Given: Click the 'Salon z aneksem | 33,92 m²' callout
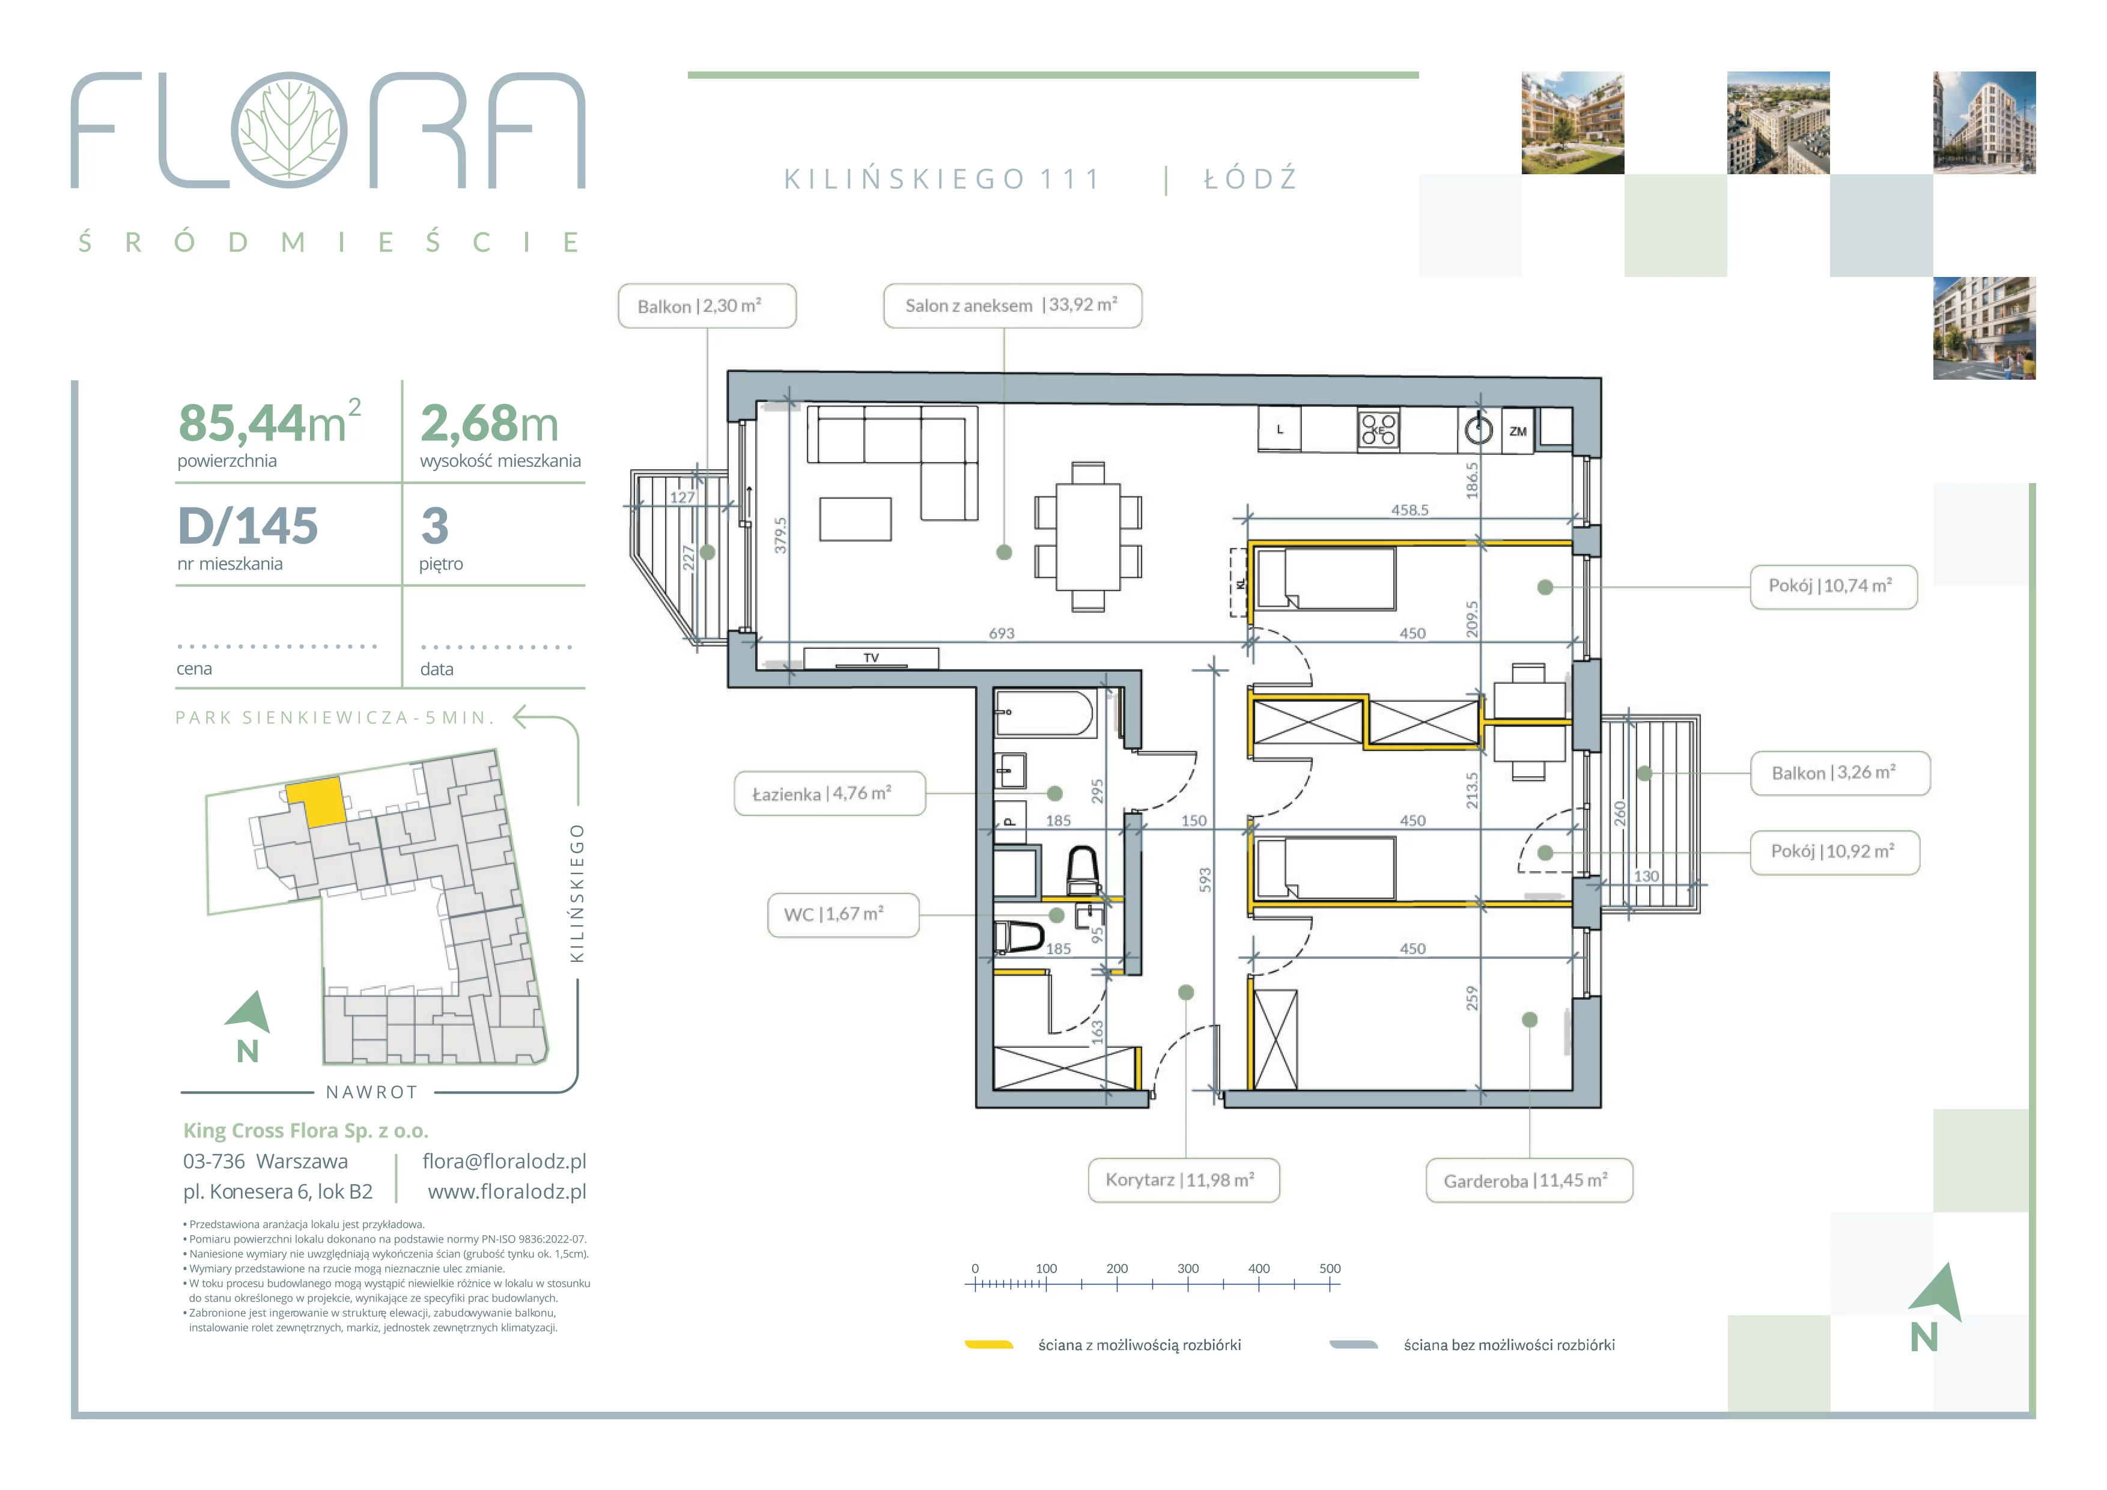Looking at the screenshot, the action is (1012, 306).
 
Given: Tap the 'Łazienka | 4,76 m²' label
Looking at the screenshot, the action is (830, 794).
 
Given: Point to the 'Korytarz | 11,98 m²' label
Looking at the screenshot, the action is (1184, 1180).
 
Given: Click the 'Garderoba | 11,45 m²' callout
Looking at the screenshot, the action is (1529, 1181).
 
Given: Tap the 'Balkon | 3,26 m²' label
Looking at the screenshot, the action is (1840, 773).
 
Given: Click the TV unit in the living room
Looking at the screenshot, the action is (871, 658).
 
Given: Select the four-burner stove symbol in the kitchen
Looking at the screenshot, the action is (1378, 430).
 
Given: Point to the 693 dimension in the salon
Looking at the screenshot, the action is (1001, 633).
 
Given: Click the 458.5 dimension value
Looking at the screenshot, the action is (1409, 510).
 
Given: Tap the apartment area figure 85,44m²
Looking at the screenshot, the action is (270, 421).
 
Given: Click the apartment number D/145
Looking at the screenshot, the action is (248, 526).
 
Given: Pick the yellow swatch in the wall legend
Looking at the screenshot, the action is (988, 1345).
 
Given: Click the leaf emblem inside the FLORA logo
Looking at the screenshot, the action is (289, 130).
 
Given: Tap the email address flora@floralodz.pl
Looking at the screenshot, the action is (504, 1161).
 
